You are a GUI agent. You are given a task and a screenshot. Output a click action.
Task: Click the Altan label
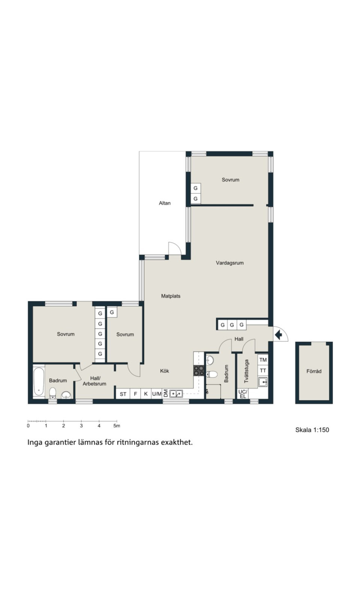(165, 203)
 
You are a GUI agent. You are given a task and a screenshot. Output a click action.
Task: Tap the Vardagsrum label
(230, 263)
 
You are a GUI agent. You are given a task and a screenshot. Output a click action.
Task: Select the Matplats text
(171, 296)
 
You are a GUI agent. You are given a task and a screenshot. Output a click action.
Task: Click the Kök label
(164, 371)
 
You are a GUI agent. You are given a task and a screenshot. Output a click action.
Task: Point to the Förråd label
(314, 371)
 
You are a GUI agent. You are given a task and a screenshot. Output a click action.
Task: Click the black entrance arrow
(279, 335)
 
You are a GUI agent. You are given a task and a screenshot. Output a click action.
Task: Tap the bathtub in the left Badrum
(39, 382)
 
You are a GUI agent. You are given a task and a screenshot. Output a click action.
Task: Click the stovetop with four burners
(199, 371)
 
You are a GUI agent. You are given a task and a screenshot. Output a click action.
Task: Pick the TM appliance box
(263, 360)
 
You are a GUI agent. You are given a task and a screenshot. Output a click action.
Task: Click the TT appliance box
(263, 371)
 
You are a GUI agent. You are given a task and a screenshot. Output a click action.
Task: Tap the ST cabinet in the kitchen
(123, 394)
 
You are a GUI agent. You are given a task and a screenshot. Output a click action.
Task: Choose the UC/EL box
(243, 394)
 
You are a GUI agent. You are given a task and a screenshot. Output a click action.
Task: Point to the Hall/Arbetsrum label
(94, 381)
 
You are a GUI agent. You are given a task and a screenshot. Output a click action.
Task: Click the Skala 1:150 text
(312, 430)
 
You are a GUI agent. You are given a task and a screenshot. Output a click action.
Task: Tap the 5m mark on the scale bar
(117, 426)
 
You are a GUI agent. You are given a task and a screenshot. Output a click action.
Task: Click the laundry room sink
(263, 382)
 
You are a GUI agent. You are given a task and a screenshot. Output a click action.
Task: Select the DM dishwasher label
(166, 394)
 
